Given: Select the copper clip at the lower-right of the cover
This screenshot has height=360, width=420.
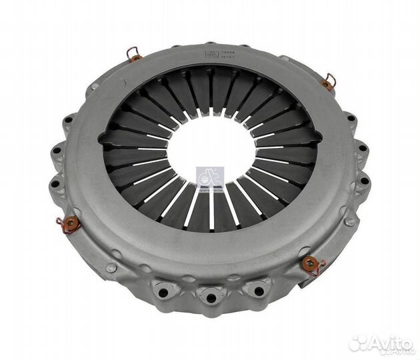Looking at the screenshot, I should coord(310,266).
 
